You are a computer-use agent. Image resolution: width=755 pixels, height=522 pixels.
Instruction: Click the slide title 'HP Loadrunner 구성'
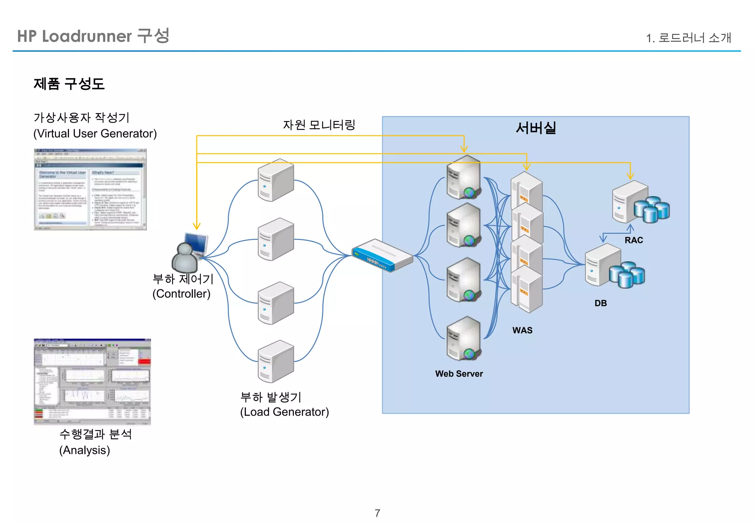coord(93,36)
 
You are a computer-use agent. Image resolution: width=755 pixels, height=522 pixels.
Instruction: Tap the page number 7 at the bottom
coord(377,513)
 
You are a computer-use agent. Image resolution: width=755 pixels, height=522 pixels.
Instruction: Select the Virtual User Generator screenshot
coord(90,189)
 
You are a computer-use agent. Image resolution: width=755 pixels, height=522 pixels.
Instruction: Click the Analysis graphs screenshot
coord(92,381)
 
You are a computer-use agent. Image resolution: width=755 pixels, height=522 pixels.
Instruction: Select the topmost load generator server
coord(275,180)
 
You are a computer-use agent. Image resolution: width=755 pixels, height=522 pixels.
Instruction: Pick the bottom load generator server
coord(275,361)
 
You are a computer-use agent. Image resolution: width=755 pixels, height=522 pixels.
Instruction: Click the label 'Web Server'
coord(459,374)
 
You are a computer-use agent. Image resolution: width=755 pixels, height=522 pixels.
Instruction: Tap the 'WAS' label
coord(522,330)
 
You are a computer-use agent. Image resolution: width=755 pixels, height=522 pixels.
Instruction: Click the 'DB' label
coord(600,303)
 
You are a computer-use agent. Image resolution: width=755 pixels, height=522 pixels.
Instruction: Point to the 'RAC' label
coord(633,240)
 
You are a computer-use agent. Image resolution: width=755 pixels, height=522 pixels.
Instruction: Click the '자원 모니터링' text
coord(319,125)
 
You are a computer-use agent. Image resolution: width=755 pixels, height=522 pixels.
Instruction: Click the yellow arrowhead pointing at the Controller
coord(197,226)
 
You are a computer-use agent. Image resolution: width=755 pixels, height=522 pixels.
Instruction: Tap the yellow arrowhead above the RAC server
coord(630,176)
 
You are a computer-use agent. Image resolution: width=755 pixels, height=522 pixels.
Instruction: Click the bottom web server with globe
coord(463,338)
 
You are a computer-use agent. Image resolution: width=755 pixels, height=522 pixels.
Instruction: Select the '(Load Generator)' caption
coord(284,412)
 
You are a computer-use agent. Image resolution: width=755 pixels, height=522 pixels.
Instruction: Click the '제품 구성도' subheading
coord(69,84)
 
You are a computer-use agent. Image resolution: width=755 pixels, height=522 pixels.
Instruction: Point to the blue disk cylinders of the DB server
coord(627,274)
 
